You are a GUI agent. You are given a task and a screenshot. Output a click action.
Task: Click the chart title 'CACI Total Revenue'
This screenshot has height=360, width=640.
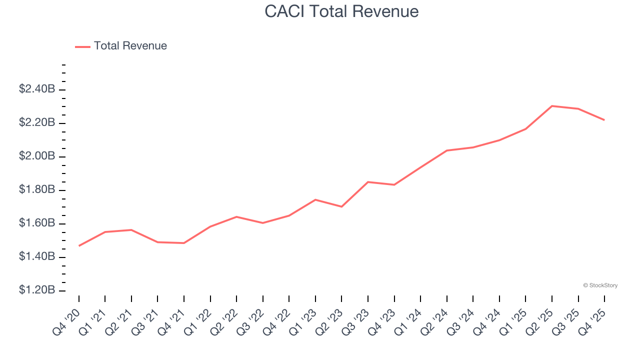coord(341,11)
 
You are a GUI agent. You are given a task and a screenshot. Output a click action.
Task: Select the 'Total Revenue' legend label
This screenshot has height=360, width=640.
coord(130,46)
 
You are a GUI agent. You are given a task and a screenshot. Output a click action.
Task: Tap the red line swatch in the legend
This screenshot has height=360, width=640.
coord(82,46)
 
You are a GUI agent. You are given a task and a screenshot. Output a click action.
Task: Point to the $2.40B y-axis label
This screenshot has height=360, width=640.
coord(37,89)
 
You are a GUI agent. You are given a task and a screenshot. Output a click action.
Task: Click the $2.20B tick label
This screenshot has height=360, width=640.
coord(37,122)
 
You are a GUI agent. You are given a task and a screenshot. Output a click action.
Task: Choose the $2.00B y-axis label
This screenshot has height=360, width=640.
coord(37,156)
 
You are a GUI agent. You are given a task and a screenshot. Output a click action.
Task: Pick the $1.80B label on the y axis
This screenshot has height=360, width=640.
coord(37,189)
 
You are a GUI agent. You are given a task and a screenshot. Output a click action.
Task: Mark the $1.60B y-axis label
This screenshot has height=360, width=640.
coord(37,223)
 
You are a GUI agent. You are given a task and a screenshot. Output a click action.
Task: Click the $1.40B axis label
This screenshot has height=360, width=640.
coord(37,256)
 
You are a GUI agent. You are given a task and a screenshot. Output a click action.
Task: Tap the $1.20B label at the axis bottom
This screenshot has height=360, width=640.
coord(37,290)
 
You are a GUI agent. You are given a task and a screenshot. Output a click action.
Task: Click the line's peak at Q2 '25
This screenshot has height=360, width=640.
coord(552,106)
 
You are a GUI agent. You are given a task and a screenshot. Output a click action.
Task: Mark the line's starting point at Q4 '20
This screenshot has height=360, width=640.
coord(79,245)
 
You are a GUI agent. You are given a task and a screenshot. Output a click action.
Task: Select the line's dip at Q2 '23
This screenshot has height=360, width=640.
coord(341,206)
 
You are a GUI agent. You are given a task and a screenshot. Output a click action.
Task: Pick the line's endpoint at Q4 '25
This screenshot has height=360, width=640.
coord(604,120)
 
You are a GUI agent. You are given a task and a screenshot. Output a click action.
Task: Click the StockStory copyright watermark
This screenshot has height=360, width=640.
coord(600,285)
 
